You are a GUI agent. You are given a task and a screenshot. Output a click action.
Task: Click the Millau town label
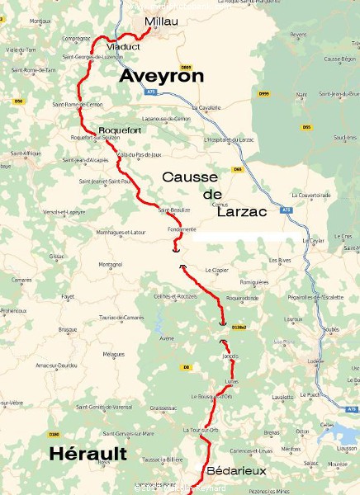click(160, 21)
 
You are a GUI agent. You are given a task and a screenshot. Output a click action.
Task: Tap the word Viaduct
click(124, 47)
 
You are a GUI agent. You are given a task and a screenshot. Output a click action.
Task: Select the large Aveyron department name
click(161, 76)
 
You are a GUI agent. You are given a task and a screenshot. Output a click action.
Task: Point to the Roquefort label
click(120, 130)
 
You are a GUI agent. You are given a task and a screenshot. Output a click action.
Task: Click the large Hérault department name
click(88, 454)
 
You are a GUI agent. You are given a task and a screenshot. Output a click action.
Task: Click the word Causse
click(190, 177)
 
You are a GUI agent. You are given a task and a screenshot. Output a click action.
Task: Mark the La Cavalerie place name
click(206, 107)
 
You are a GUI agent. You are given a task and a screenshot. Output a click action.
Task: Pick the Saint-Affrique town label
click(26, 154)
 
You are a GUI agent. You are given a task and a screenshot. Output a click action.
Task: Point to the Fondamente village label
click(182, 229)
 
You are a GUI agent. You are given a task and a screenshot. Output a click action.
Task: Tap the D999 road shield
click(264, 94)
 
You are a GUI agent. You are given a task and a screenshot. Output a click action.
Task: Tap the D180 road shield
click(54, 434)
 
